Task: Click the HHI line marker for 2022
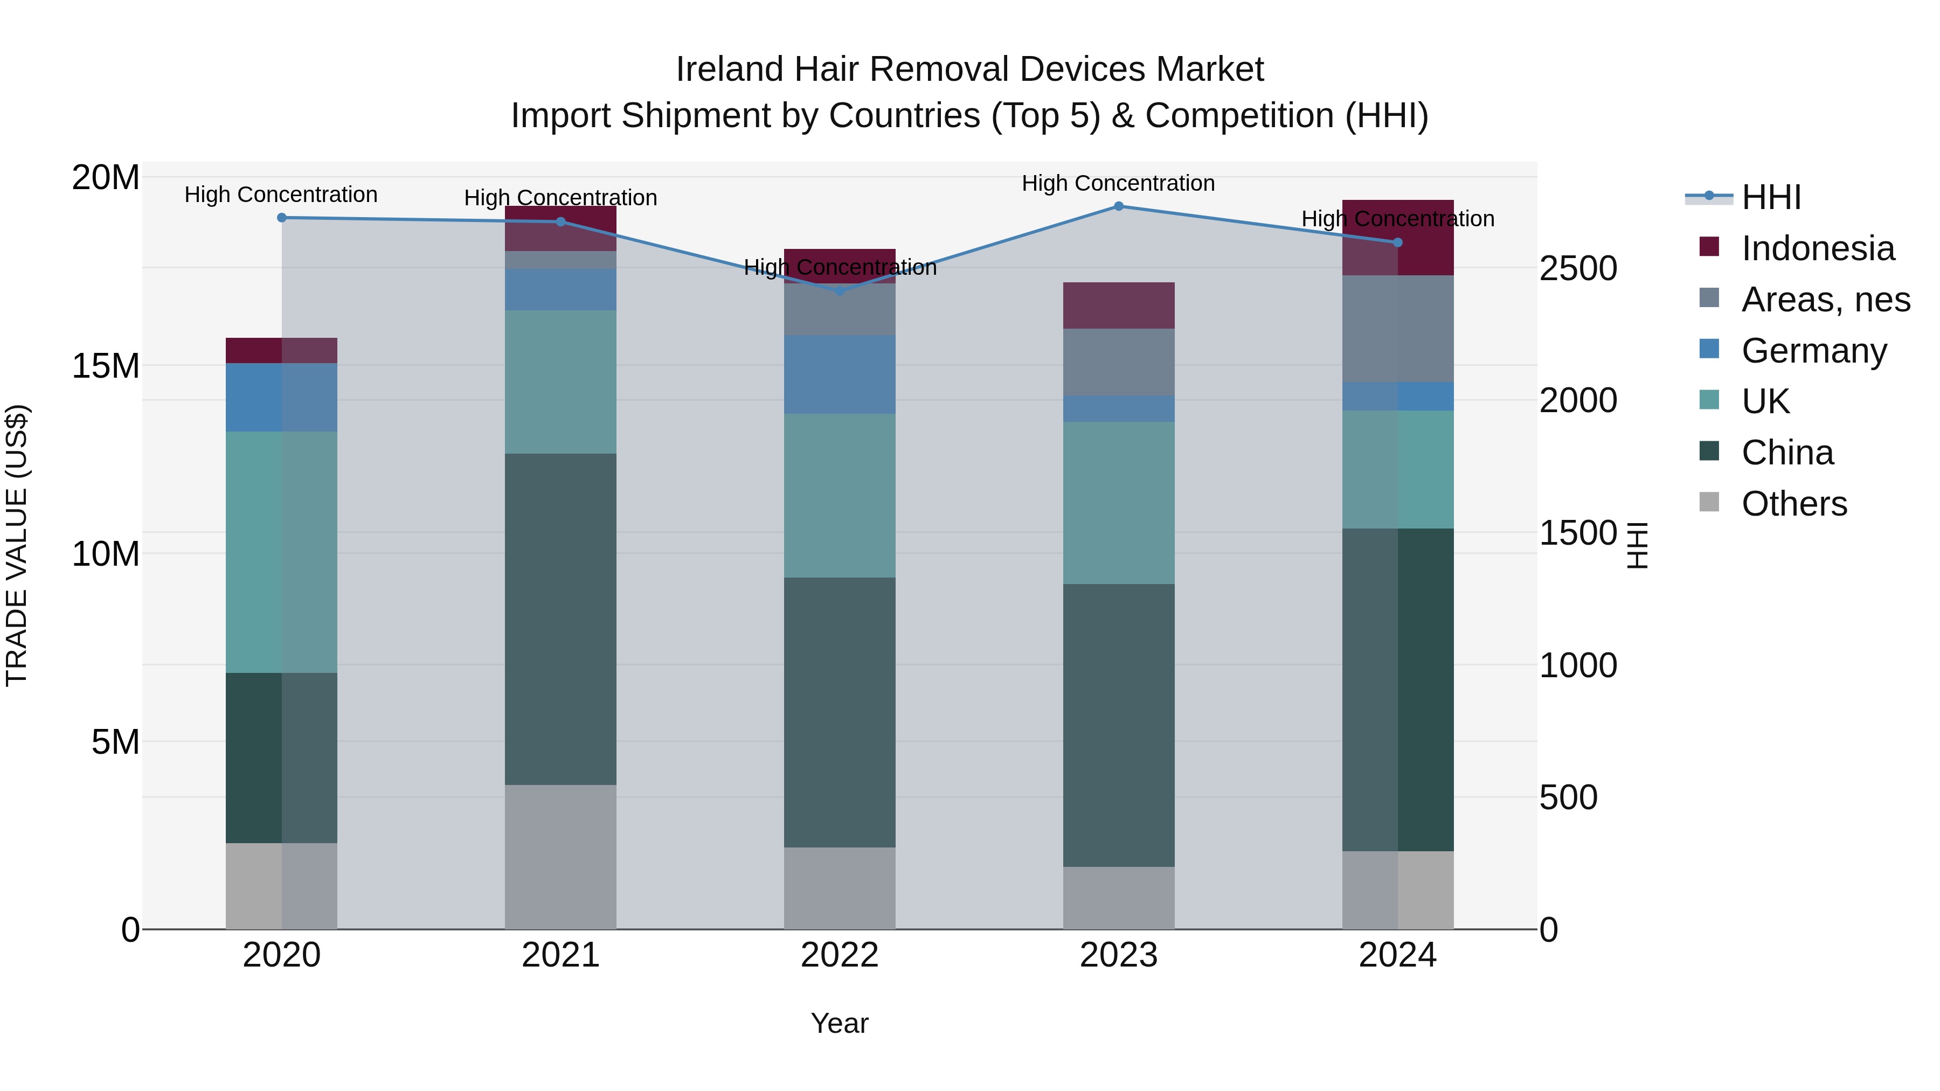coord(840,290)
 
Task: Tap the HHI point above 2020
coord(282,218)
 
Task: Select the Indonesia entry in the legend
coord(1817,248)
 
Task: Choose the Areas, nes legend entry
coord(1825,300)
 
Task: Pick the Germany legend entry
coord(1813,351)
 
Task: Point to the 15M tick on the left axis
coord(106,366)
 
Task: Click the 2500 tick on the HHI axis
coord(1578,269)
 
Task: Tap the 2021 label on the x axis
coord(560,955)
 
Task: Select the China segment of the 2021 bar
coord(560,619)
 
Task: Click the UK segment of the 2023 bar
coord(1118,503)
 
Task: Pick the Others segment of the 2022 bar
coord(840,888)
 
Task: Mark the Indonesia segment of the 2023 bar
coord(1118,305)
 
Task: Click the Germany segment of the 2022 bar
coord(840,374)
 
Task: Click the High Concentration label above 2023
coord(1118,183)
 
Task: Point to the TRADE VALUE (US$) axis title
coord(17,545)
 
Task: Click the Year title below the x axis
coord(840,1023)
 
